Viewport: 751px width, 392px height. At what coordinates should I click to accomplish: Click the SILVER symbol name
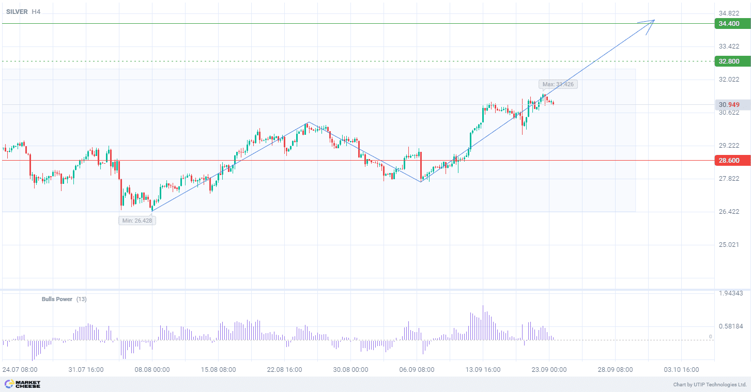tap(17, 11)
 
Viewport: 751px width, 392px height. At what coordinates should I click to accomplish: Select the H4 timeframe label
tap(36, 11)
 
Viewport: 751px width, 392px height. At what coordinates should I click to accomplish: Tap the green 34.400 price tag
tap(731, 24)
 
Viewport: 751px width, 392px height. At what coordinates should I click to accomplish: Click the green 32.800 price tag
tap(731, 61)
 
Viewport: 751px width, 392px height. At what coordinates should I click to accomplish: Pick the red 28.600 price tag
tap(731, 161)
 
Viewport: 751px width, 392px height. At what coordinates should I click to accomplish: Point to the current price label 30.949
tap(729, 105)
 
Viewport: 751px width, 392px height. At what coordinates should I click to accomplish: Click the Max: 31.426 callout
tap(558, 84)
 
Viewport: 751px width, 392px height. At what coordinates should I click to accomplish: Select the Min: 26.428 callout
tap(137, 221)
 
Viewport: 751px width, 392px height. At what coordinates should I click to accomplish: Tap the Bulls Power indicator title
tap(57, 299)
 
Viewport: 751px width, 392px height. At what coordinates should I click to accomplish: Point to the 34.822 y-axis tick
tap(729, 13)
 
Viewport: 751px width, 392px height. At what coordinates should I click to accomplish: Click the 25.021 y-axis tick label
tap(729, 244)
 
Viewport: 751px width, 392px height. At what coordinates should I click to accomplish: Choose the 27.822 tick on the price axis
tap(729, 179)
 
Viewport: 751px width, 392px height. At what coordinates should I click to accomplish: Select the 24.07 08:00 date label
tap(20, 370)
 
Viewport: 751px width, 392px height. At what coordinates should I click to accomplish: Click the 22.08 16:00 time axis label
tap(284, 370)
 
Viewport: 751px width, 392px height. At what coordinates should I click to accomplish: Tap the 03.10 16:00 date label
tap(681, 370)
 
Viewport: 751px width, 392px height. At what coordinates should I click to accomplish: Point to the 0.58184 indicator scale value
tap(731, 326)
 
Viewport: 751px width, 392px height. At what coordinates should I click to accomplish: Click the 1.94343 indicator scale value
tap(731, 293)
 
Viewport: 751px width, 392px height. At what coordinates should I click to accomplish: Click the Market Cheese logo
tap(22, 384)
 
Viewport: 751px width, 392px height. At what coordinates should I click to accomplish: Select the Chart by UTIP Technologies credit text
tap(710, 385)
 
